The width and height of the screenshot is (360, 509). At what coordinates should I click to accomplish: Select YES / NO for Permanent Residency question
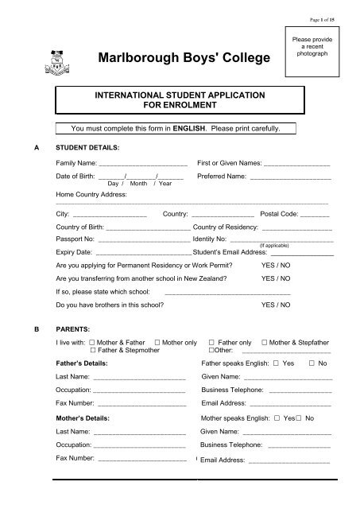(x=276, y=265)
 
